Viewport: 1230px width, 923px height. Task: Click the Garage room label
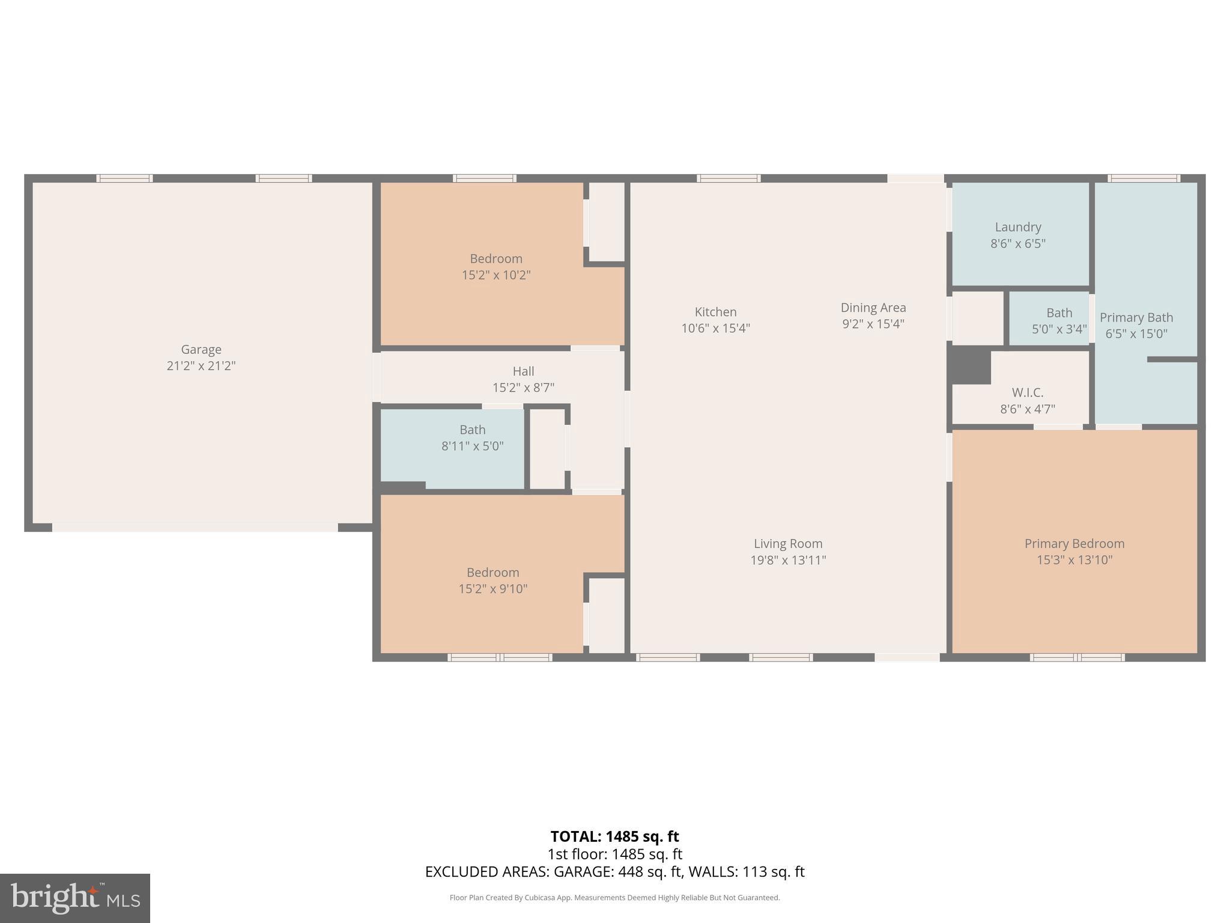coord(201,349)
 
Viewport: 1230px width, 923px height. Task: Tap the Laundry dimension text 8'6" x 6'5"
coord(1017,244)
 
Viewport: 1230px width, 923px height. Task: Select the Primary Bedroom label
coord(1074,543)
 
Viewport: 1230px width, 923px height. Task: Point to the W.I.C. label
coord(1027,392)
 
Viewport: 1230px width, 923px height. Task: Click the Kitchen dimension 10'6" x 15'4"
coord(715,328)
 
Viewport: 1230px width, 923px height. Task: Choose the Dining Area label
coord(873,308)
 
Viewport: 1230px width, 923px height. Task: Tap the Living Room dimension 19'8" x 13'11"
coord(788,560)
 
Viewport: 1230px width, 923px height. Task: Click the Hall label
coord(523,371)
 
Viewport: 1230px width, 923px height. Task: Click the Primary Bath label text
coord(1136,317)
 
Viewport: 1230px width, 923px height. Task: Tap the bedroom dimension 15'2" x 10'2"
coord(495,275)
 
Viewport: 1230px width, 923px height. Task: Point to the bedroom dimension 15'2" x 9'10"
coord(492,589)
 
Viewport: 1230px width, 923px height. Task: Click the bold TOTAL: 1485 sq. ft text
coord(614,836)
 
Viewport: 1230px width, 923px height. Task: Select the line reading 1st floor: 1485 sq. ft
coord(614,854)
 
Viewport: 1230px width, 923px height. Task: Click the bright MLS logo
coord(75,898)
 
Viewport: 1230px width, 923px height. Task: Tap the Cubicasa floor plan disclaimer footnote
coord(614,898)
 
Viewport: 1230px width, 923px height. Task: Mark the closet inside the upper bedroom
coord(607,222)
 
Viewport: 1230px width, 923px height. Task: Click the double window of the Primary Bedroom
coord(1077,657)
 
